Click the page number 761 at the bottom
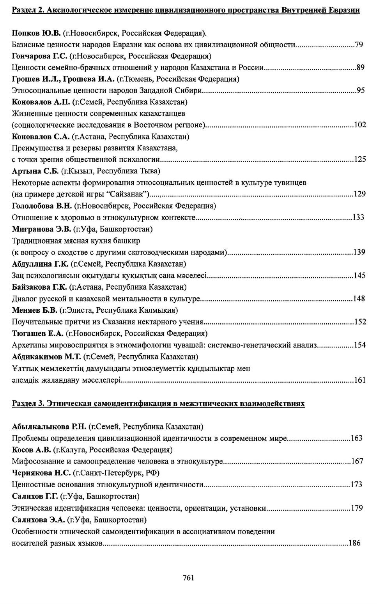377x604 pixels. tap(188, 578)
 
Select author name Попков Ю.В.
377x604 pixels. tap(36, 33)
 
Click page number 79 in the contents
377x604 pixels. tap(359, 45)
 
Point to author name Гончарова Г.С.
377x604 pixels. tap(39, 56)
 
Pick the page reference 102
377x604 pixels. tap(359, 125)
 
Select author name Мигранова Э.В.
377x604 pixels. tap(41, 229)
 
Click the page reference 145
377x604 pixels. tap(359, 276)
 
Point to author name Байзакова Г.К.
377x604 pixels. tap(39, 287)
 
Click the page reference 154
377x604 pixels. tap(359, 345)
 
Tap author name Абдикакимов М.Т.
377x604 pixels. tap(46, 356)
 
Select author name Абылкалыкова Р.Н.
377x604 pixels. tap(49, 426)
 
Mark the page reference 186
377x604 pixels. tap(354, 543)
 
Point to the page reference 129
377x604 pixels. tap(359, 194)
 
